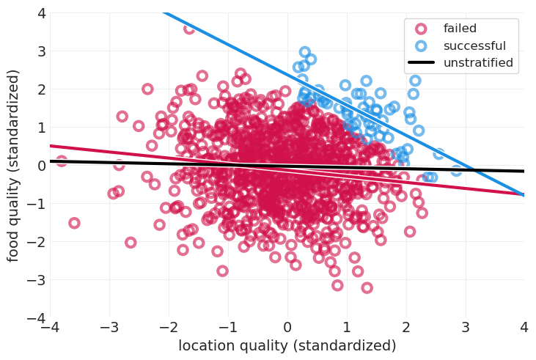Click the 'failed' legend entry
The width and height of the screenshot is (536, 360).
(460, 29)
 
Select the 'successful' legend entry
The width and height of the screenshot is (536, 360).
(470, 46)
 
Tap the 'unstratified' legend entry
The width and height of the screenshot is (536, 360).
(478, 63)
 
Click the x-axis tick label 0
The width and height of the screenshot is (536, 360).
(287, 327)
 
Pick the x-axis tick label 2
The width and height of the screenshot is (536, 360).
(405, 327)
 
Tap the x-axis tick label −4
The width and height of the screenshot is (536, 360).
(50, 327)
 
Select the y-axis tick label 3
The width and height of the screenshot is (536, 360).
(41, 51)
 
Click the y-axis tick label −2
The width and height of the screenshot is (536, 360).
(38, 242)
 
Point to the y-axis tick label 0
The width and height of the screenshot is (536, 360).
(41, 166)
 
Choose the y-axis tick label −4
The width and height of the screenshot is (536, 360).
(38, 318)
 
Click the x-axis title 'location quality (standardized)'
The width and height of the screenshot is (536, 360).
(287, 345)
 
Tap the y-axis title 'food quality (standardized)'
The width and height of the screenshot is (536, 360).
(14, 166)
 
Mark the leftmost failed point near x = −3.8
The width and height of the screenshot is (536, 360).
(62, 161)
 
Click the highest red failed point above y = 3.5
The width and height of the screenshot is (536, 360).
(189, 28)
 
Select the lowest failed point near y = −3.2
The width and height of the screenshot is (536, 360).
(367, 287)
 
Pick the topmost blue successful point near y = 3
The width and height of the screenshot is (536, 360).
(305, 53)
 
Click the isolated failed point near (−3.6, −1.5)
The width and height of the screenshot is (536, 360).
(74, 223)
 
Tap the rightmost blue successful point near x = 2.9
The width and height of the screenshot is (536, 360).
(456, 170)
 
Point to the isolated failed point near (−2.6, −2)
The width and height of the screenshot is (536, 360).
(131, 242)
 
